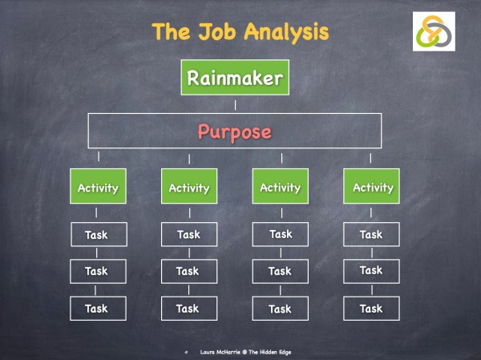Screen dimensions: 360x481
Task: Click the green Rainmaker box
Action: [234, 79]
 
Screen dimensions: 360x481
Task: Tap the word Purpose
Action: [234, 131]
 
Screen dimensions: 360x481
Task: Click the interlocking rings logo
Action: [434, 32]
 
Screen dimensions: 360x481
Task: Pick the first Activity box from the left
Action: [98, 188]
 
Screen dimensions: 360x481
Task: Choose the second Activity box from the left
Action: [189, 188]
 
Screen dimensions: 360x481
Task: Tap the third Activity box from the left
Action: [281, 188]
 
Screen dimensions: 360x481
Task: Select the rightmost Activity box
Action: [373, 188]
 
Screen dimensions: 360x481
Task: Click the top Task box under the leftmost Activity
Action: [97, 235]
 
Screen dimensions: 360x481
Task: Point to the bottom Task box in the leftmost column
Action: [97, 308]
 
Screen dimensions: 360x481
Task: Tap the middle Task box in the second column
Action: [189, 271]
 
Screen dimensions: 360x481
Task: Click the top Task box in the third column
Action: [281, 235]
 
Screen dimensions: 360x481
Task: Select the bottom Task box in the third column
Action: [281, 308]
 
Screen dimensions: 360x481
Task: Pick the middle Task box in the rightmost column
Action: [371, 271]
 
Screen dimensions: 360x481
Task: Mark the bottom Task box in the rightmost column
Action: [371, 308]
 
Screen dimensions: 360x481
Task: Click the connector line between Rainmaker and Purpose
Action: [235, 104]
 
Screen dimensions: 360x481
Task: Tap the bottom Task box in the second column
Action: [189, 308]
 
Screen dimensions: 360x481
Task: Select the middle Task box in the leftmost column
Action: [97, 271]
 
